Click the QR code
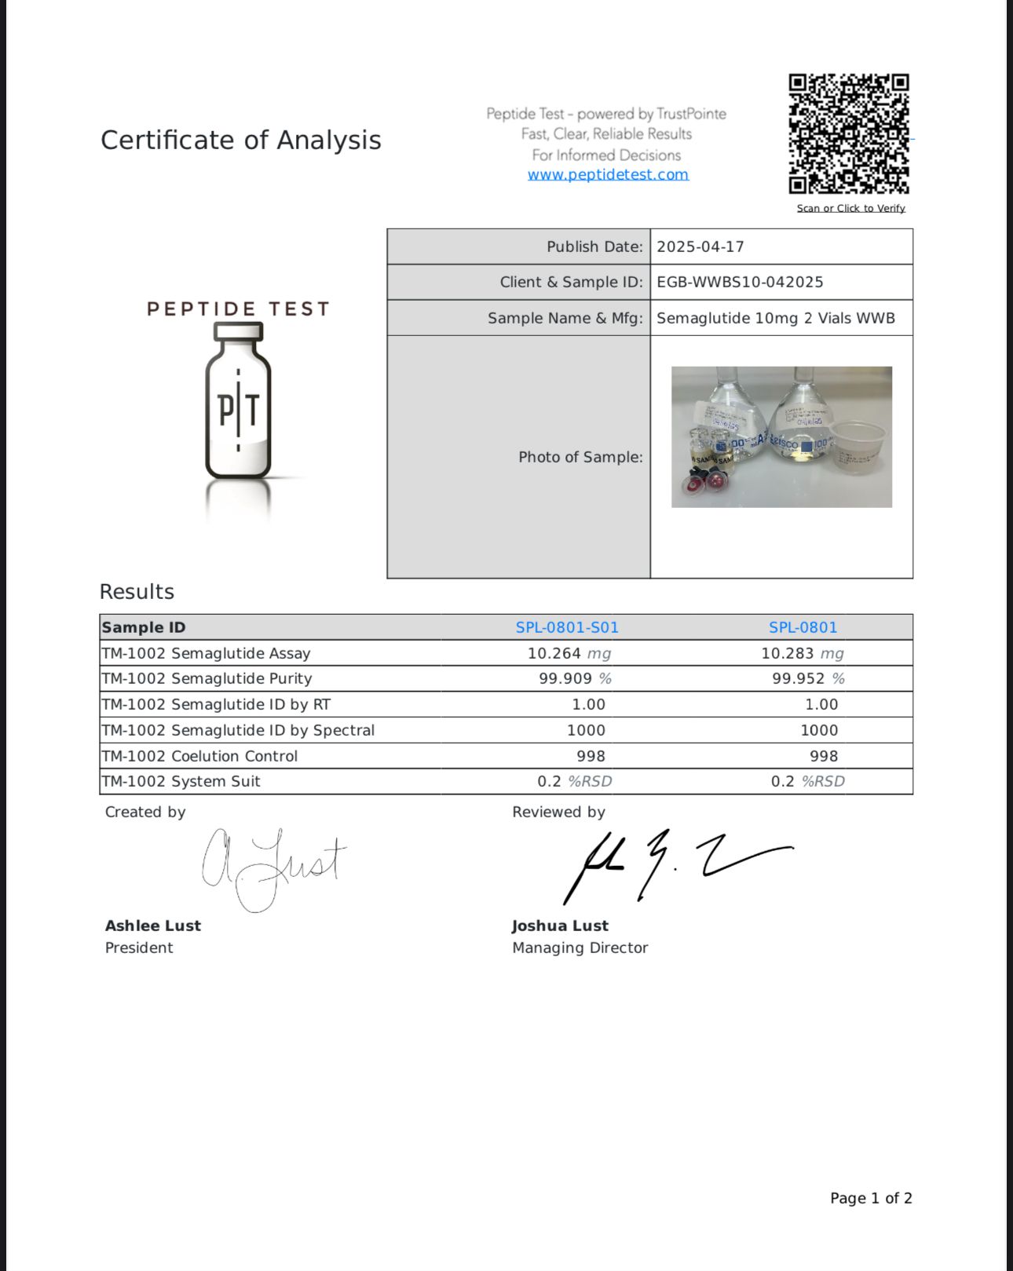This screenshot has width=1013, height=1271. coord(849,133)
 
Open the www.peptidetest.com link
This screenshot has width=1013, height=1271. coord(608,174)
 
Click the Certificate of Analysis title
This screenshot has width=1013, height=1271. coord(240,140)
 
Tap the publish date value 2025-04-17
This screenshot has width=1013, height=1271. coord(700,247)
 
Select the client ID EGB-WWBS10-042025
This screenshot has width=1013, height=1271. coord(740,282)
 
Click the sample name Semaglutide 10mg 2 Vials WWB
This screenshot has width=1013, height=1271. coord(776,318)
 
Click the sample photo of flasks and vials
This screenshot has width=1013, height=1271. coord(781,436)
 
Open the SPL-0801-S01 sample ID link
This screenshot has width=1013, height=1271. coord(567,627)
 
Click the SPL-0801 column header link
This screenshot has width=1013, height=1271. coord(803,627)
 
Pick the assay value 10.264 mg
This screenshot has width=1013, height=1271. coord(569,653)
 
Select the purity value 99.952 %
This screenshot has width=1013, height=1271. coord(808,678)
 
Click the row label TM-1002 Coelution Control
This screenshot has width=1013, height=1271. coord(199,756)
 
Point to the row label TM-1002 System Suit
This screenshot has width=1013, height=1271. coord(181,781)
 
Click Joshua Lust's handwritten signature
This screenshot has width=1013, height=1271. coord(675,864)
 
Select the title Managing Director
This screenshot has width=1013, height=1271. coord(580,948)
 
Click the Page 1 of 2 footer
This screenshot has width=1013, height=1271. coord(871,1198)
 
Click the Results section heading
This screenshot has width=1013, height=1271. coord(137,591)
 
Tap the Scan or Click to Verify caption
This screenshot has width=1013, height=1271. coord(850,208)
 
